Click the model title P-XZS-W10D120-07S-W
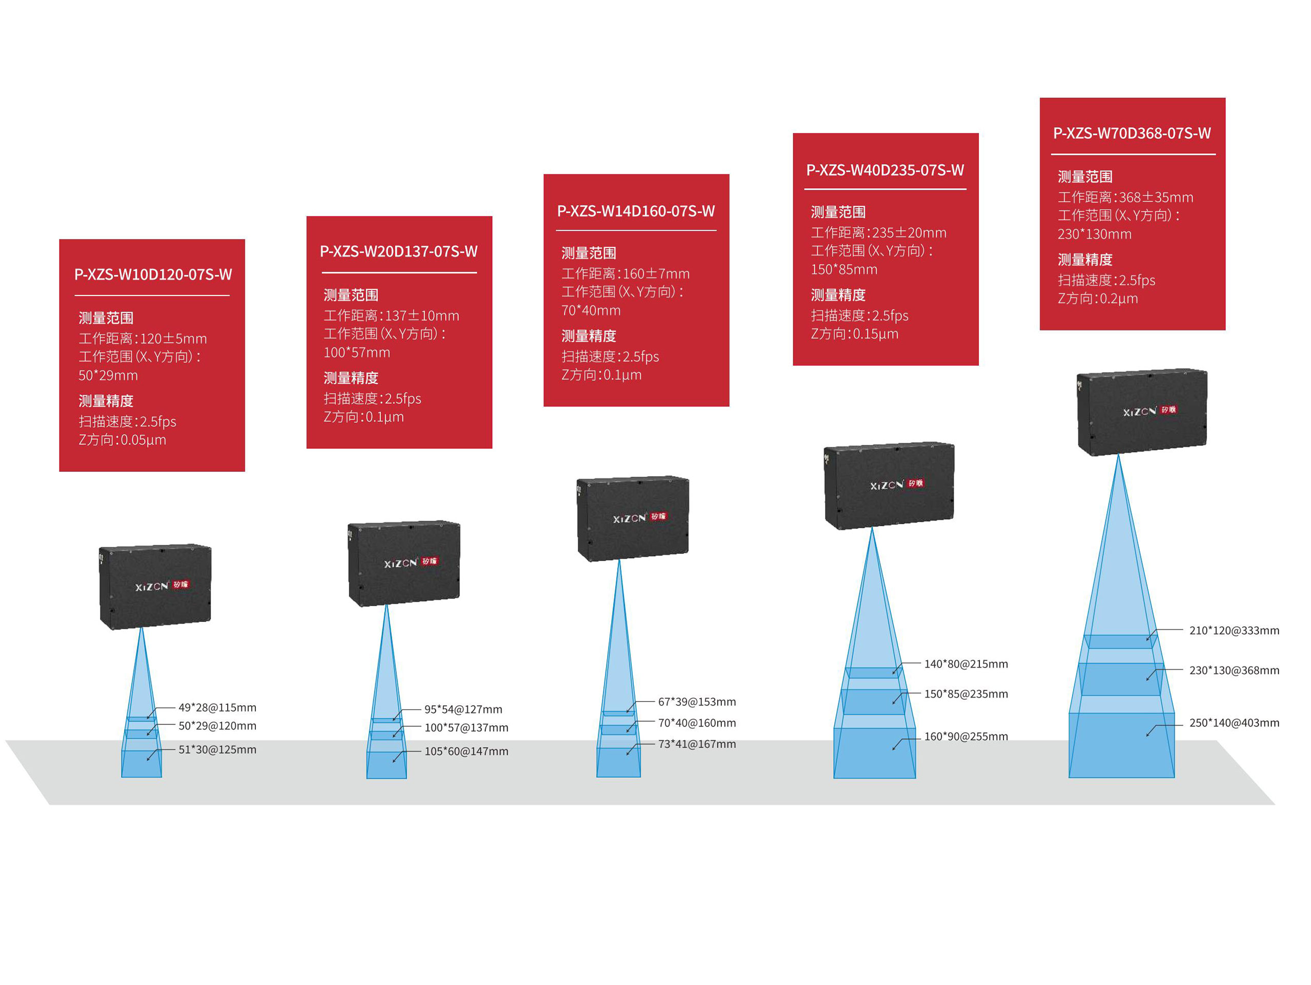click(153, 274)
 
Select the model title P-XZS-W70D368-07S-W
click(1132, 133)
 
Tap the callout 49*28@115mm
click(217, 707)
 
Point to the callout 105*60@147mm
click(466, 752)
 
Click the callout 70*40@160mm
click(696, 723)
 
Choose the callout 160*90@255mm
click(965, 737)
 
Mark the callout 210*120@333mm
click(1234, 631)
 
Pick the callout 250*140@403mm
click(1234, 723)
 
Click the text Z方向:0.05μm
click(122, 440)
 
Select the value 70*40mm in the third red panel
click(591, 311)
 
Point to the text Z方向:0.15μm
click(854, 334)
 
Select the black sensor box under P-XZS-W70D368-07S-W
click(1141, 412)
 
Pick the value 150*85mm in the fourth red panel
click(843, 270)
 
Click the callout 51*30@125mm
click(217, 750)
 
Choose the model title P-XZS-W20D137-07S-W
click(398, 251)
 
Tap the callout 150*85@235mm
click(965, 694)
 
